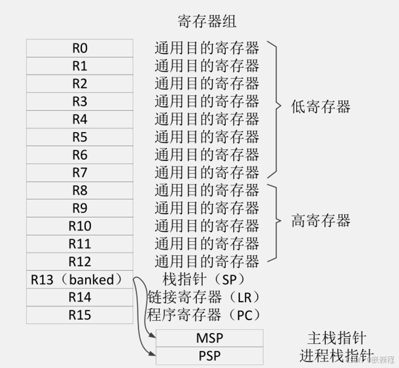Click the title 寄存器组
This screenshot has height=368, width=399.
coord(207,22)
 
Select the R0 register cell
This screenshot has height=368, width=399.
coord(80,47)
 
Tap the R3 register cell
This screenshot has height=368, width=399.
coord(80,101)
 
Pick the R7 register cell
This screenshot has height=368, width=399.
coord(80,173)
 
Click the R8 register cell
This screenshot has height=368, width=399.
coord(80,190)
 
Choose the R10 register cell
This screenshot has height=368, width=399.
coord(80,226)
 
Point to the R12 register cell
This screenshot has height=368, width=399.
coord(80,261)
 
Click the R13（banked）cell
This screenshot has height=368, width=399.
coord(80,280)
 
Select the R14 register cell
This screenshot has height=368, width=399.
coord(80,297)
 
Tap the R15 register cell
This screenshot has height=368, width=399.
coord(80,315)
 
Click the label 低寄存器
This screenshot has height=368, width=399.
coord(321,107)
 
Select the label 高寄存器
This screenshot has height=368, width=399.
coord(321,221)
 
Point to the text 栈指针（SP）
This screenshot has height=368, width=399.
coord(203,278)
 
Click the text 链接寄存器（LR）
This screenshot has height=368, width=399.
coord(203,296)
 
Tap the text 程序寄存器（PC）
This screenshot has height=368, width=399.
coord(203,314)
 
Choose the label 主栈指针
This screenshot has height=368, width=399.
coord(337,338)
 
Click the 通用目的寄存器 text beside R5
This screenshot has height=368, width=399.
coord(206,137)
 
